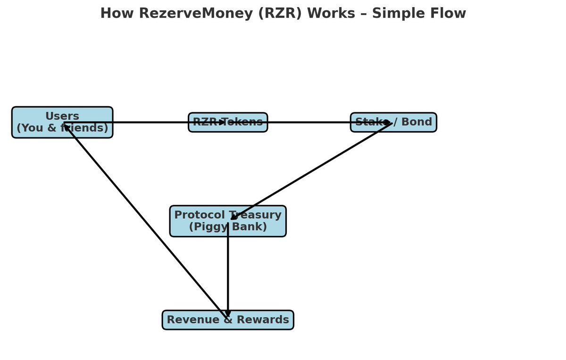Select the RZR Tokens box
[228, 122]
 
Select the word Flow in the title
[449, 13]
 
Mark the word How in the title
[113, 13]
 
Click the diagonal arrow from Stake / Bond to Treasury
[311, 171]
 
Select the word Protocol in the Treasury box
[197, 215]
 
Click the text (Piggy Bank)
[228, 227]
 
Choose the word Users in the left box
[62, 116]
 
